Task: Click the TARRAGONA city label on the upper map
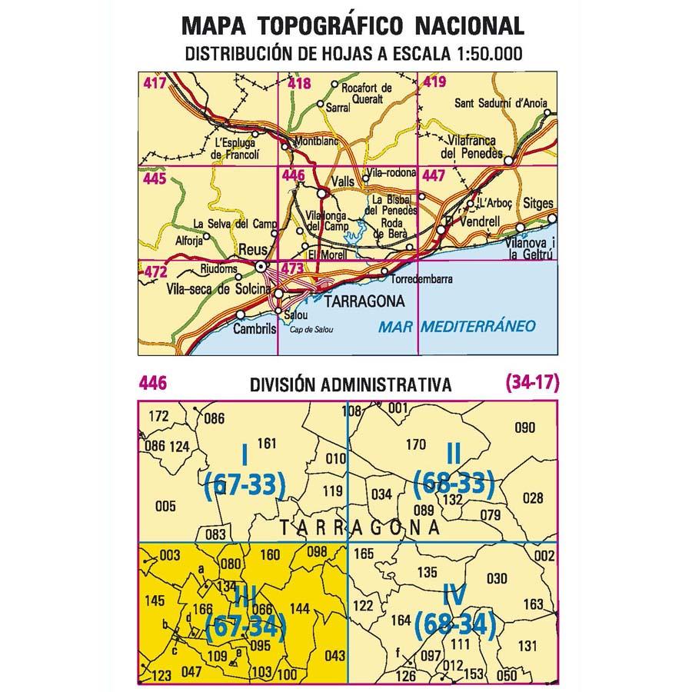[x=360, y=302]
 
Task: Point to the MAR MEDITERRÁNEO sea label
[x=457, y=326]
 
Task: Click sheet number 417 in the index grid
[x=154, y=82]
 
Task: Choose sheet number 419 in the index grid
[x=434, y=82]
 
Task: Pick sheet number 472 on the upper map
[x=155, y=271]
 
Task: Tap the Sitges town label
[x=537, y=204]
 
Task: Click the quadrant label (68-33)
[x=453, y=484]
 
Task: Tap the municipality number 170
[x=415, y=444]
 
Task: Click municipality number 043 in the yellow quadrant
[x=335, y=655]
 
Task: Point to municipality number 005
[x=165, y=507]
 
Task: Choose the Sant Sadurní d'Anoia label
[x=503, y=103]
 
